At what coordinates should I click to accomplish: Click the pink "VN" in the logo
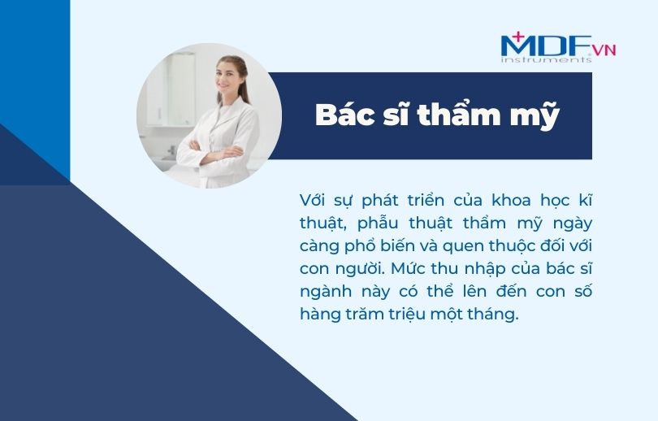tap(604, 50)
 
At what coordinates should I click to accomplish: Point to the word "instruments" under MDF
tap(546, 59)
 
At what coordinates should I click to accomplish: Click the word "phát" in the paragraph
tap(379, 201)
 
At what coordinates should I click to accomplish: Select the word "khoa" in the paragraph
tap(512, 200)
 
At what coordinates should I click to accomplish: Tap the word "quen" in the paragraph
tap(459, 246)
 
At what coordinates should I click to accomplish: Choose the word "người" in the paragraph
tap(361, 269)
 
